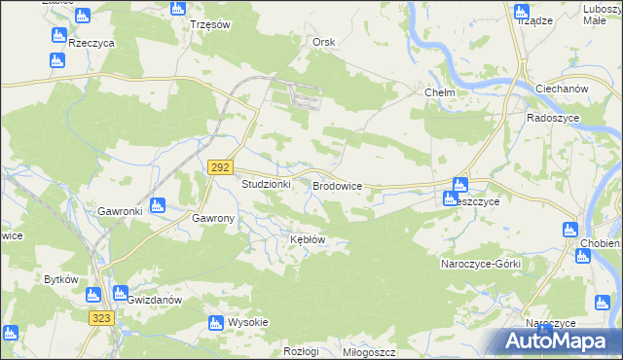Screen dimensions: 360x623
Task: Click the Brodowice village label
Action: tap(337, 184)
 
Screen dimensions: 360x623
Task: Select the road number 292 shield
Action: tap(221, 167)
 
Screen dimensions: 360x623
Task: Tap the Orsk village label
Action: tap(324, 42)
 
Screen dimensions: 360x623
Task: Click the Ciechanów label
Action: tap(563, 89)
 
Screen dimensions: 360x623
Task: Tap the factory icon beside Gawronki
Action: tap(158, 204)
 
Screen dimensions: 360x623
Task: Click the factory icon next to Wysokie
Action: tap(216, 323)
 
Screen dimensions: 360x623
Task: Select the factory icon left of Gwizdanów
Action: tap(120, 293)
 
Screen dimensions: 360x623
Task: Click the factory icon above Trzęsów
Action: tap(177, 8)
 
